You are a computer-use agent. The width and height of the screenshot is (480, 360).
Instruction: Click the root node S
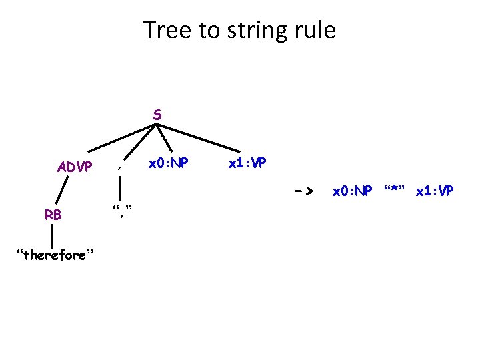click(157, 115)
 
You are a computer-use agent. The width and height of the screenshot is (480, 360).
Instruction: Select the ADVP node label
click(74, 167)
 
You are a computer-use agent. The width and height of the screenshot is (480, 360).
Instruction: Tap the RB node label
click(53, 215)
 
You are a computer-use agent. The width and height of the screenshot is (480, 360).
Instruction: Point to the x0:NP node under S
click(168, 162)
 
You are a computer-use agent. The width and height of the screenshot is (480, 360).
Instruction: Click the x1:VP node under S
click(248, 162)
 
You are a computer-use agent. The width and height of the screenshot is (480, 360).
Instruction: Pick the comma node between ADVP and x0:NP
click(119, 167)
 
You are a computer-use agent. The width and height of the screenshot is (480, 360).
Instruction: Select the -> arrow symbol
click(304, 191)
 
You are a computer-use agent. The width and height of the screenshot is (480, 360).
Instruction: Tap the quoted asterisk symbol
click(395, 191)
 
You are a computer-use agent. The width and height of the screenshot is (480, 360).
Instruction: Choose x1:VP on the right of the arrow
click(434, 191)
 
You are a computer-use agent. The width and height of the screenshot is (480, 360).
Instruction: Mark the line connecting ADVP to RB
click(63, 190)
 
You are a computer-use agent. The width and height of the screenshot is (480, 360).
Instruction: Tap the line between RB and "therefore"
click(52, 235)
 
